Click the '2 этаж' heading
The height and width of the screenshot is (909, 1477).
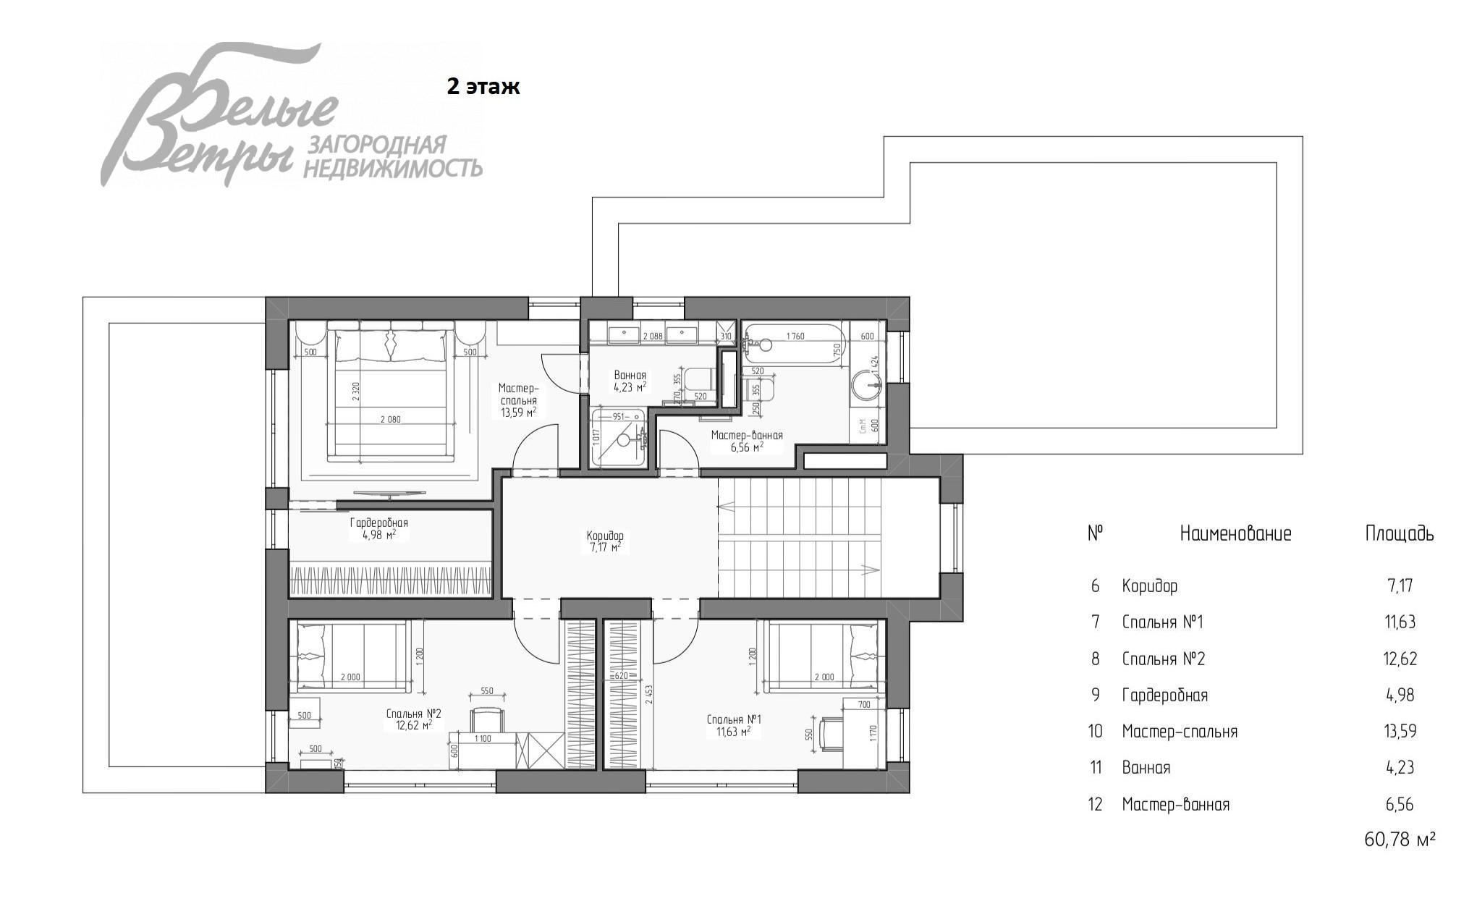[x=483, y=87]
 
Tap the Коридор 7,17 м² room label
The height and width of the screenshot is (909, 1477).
[x=604, y=541]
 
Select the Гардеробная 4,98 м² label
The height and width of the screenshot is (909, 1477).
[x=378, y=528]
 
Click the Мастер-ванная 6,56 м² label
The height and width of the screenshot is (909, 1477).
[x=746, y=441]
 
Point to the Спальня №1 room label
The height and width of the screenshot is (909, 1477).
[x=733, y=725]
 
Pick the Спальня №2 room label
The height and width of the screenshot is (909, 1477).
[x=413, y=719]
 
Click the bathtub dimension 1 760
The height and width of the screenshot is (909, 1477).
[x=795, y=336]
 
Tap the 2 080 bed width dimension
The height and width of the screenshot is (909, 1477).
[x=389, y=419]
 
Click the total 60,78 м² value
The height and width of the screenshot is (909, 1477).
[x=1399, y=840]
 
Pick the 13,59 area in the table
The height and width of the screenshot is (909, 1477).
[x=1400, y=731]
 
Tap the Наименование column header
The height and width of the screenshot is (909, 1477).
[x=1235, y=534]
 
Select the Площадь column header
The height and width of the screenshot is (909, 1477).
[x=1399, y=534]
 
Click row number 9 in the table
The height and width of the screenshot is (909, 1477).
[x=1095, y=695]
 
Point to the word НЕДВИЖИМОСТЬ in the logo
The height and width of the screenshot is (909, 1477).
[x=392, y=169]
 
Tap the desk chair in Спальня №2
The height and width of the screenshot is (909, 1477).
[x=486, y=719]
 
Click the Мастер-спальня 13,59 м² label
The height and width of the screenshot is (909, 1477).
[x=517, y=400]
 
